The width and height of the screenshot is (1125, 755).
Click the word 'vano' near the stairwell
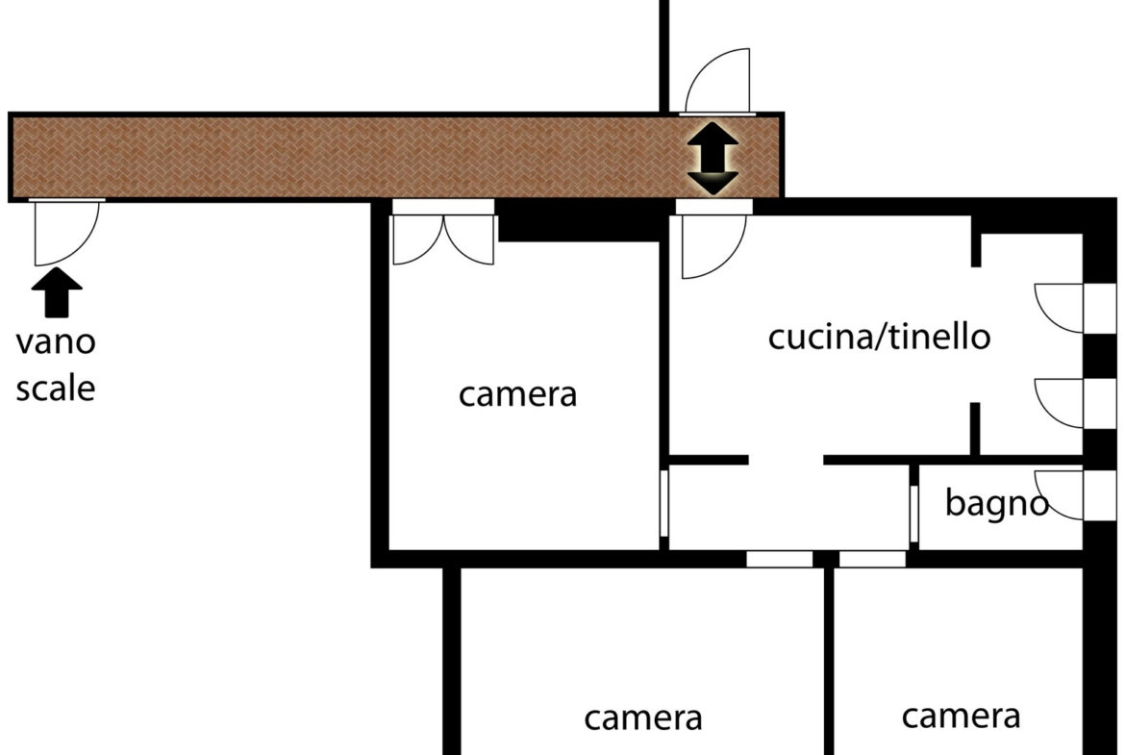click(56, 342)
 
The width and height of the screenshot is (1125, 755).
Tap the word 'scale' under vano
click(56, 389)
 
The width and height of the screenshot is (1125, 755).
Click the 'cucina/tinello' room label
click(879, 337)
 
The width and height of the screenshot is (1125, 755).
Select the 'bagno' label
click(996, 502)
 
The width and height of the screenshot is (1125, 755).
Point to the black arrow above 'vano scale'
click(57, 292)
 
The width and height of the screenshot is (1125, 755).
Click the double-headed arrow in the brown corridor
click(712, 158)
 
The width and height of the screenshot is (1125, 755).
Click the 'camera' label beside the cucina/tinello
click(518, 394)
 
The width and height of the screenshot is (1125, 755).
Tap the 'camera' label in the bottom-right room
click(961, 717)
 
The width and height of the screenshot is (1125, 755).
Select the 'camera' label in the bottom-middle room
click(643, 718)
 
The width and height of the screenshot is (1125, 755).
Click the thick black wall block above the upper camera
click(580, 221)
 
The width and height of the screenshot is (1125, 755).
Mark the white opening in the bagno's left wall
click(914, 514)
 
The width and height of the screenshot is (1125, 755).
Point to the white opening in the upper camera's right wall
click(664, 502)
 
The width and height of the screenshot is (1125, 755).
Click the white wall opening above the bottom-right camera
click(872, 559)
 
